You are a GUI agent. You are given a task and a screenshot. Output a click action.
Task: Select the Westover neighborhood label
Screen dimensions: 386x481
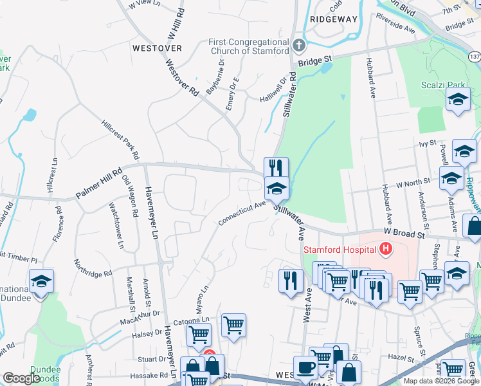[157, 48]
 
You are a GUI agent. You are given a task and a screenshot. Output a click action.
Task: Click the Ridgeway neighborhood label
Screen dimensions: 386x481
[333, 19]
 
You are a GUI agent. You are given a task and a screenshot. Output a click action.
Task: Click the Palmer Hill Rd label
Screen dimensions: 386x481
[98, 183]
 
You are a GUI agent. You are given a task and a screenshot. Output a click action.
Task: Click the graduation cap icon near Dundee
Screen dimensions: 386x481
[41, 282]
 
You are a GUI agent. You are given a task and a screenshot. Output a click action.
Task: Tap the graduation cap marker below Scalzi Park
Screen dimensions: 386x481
[458, 99]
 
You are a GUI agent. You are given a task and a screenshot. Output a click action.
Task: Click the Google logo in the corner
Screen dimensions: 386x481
[21, 379]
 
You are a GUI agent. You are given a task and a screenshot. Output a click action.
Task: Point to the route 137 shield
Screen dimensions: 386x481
[475, 57]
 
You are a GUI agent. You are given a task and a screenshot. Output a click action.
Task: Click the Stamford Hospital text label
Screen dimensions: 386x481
[340, 249]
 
